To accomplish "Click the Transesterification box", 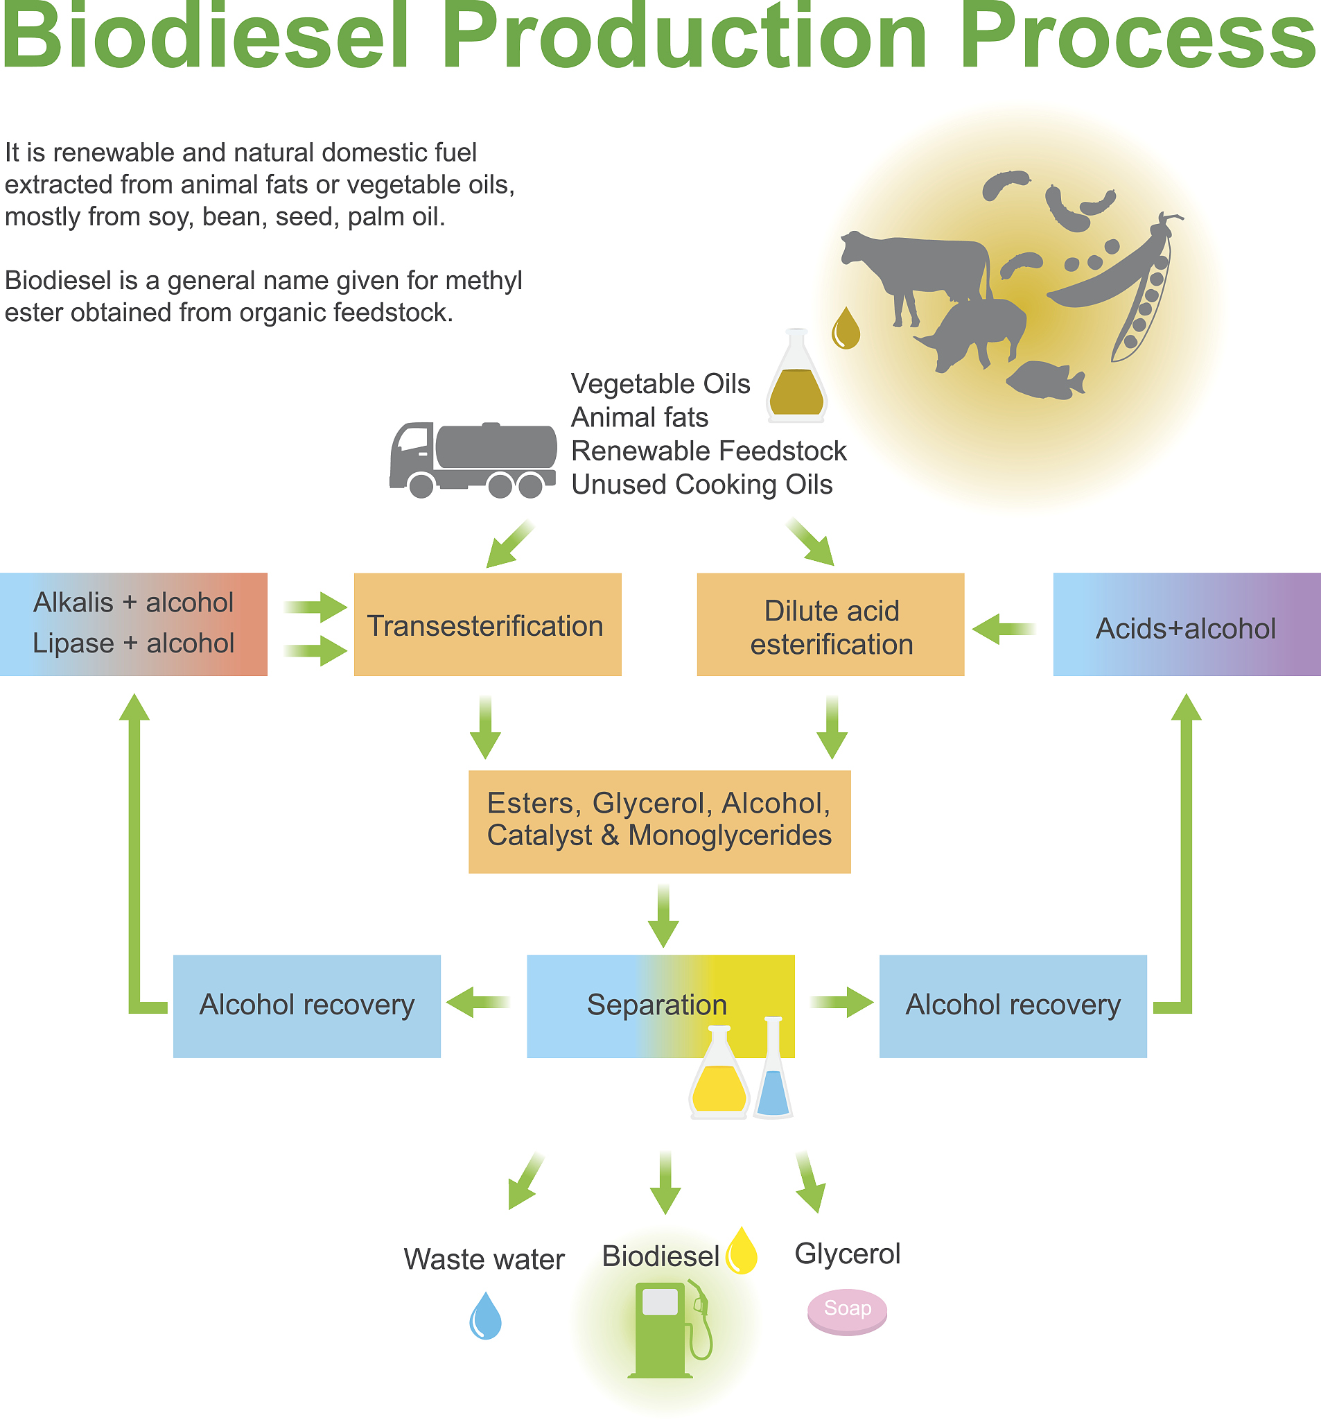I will point(487,625).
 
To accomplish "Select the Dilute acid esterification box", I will point(830,625).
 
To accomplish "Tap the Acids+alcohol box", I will point(1186,625).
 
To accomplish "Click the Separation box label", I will point(657,1005).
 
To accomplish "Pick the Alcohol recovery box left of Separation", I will point(306,1005).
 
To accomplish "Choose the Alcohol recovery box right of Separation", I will point(1013,1005).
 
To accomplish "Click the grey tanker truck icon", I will point(473,459).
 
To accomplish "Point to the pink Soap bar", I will point(847,1311).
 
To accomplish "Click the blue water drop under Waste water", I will point(486,1317).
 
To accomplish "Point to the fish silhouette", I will point(1046,380).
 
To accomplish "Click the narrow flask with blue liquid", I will point(773,1071).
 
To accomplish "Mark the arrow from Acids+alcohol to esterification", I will point(1004,629).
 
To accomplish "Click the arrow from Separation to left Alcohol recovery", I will point(478,1002).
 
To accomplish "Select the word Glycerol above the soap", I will point(847,1254).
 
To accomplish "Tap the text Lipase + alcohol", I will point(134,643).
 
